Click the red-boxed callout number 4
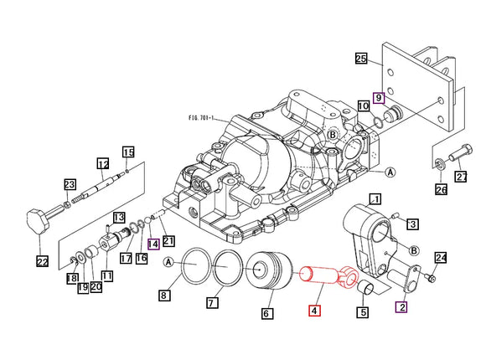[x=314, y=311]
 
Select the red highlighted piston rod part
[x=328, y=275]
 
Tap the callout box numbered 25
[x=361, y=59]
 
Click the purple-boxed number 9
[x=379, y=98]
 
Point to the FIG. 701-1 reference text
[x=201, y=118]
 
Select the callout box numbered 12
[x=103, y=163]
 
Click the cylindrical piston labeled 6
[x=271, y=270]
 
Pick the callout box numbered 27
[x=461, y=177]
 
